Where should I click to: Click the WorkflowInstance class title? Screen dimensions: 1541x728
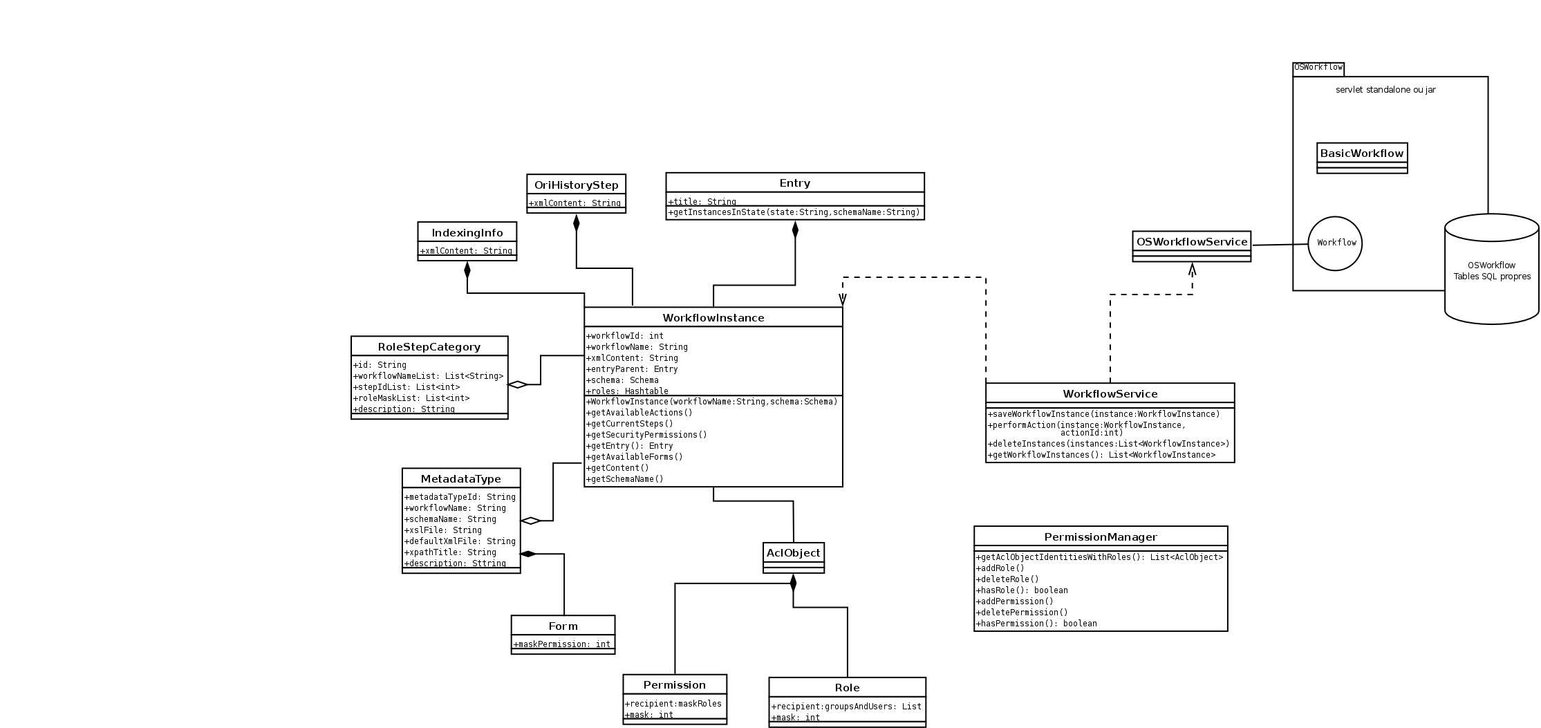(713, 318)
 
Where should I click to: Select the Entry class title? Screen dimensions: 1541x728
(794, 183)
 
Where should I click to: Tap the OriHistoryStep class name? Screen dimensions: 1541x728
(576, 185)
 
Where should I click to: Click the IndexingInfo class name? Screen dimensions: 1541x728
(467, 233)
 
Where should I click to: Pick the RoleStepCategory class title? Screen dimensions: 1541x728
(429, 347)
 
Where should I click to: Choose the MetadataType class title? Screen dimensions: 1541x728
(461, 479)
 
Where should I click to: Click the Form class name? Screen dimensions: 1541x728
(563, 626)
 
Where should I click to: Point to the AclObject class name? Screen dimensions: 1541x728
(793, 553)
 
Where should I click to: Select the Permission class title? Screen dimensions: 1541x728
(674, 685)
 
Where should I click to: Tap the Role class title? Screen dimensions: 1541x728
(847, 688)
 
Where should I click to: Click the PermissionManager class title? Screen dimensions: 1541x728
(1101, 537)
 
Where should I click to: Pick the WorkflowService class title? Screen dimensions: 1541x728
(1110, 394)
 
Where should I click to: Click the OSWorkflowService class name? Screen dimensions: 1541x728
(1192, 242)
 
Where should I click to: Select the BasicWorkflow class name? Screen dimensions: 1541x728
(1362, 153)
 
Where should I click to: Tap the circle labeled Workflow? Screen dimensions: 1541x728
(1336, 243)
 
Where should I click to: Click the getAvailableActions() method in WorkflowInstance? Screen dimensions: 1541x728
(639, 413)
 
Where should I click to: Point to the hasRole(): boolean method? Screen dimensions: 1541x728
(1022, 590)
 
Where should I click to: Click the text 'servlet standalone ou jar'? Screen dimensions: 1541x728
(1385, 90)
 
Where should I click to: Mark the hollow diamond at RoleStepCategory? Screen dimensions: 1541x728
(517, 384)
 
